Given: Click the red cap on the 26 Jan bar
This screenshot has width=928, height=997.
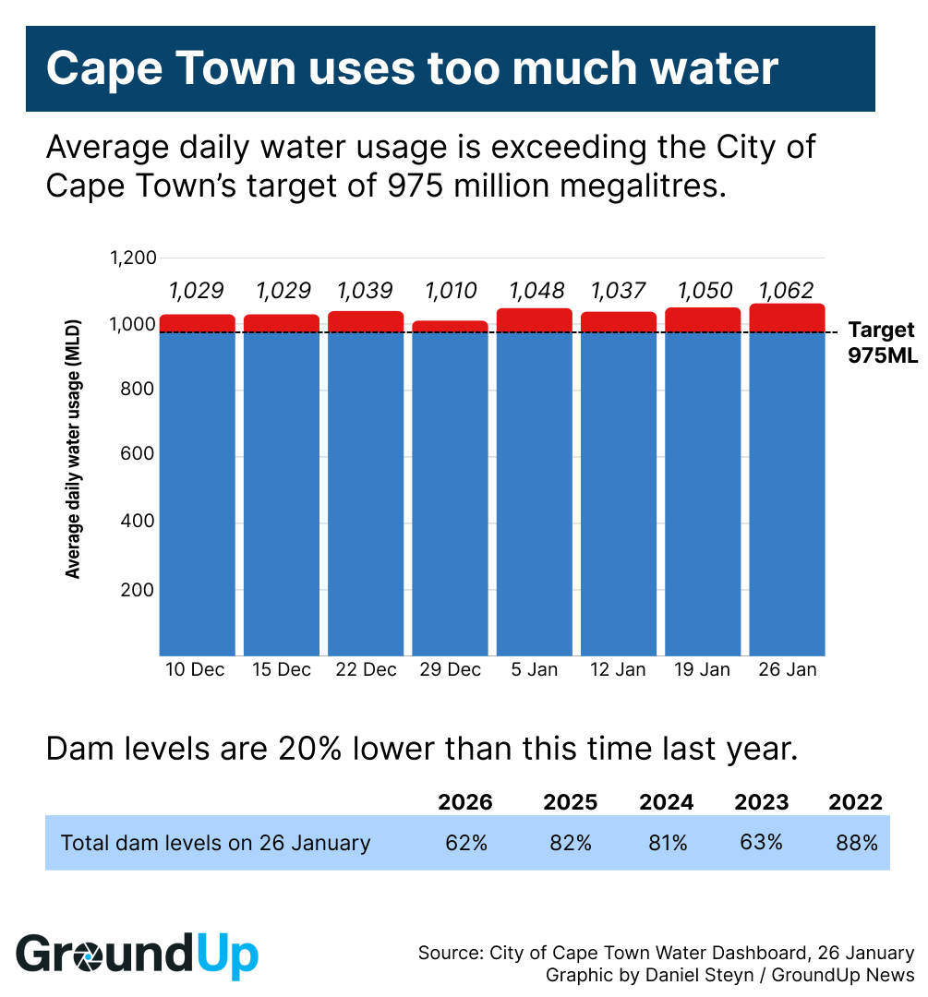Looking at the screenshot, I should click(x=787, y=318).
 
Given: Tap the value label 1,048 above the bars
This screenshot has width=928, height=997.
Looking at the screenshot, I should click(x=536, y=291).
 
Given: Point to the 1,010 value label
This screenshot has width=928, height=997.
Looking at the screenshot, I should click(x=451, y=291).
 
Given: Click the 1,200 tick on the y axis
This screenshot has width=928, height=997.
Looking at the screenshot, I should click(x=134, y=258).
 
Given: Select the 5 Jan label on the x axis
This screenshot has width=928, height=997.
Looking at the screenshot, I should click(x=535, y=670).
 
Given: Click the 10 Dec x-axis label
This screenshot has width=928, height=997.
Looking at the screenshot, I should click(x=194, y=670).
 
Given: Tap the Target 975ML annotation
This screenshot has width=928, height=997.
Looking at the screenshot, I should click(x=882, y=342).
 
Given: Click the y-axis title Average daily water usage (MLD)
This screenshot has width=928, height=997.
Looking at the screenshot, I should click(x=74, y=450).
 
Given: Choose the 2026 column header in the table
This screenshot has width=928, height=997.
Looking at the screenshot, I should click(x=465, y=802).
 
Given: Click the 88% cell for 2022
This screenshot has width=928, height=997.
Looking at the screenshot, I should click(x=858, y=843).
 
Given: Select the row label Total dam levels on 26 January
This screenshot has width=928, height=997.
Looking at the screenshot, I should click(x=215, y=843).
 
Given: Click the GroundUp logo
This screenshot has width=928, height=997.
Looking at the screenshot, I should click(x=138, y=955).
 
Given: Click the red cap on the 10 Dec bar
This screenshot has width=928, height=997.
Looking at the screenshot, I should click(x=198, y=323).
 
